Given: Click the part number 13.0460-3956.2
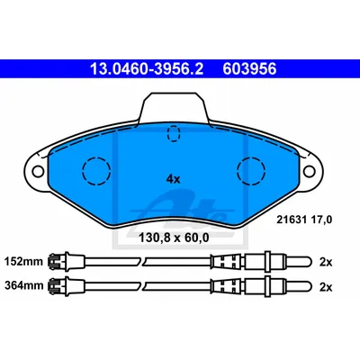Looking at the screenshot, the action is pyautogui.click(x=147, y=69).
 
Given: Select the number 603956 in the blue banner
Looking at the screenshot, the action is pyautogui.click(x=249, y=69).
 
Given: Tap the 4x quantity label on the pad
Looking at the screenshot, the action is pyautogui.click(x=173, y=179).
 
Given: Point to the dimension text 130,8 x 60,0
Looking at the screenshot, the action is pyautogui.click(x=174, y=238).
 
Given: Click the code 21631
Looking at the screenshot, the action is pyautogui.click(x=292, y=220).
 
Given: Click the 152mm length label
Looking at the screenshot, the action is pyautogui.click(x=23, y=262).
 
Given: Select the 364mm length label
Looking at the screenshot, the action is pyautogui.click(x=23, y=285).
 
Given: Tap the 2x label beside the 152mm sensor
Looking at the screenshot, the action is pyautogui.click(x=326, y=262).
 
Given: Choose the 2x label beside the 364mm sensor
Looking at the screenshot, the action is pyautogui.click(x=326, y=287).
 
